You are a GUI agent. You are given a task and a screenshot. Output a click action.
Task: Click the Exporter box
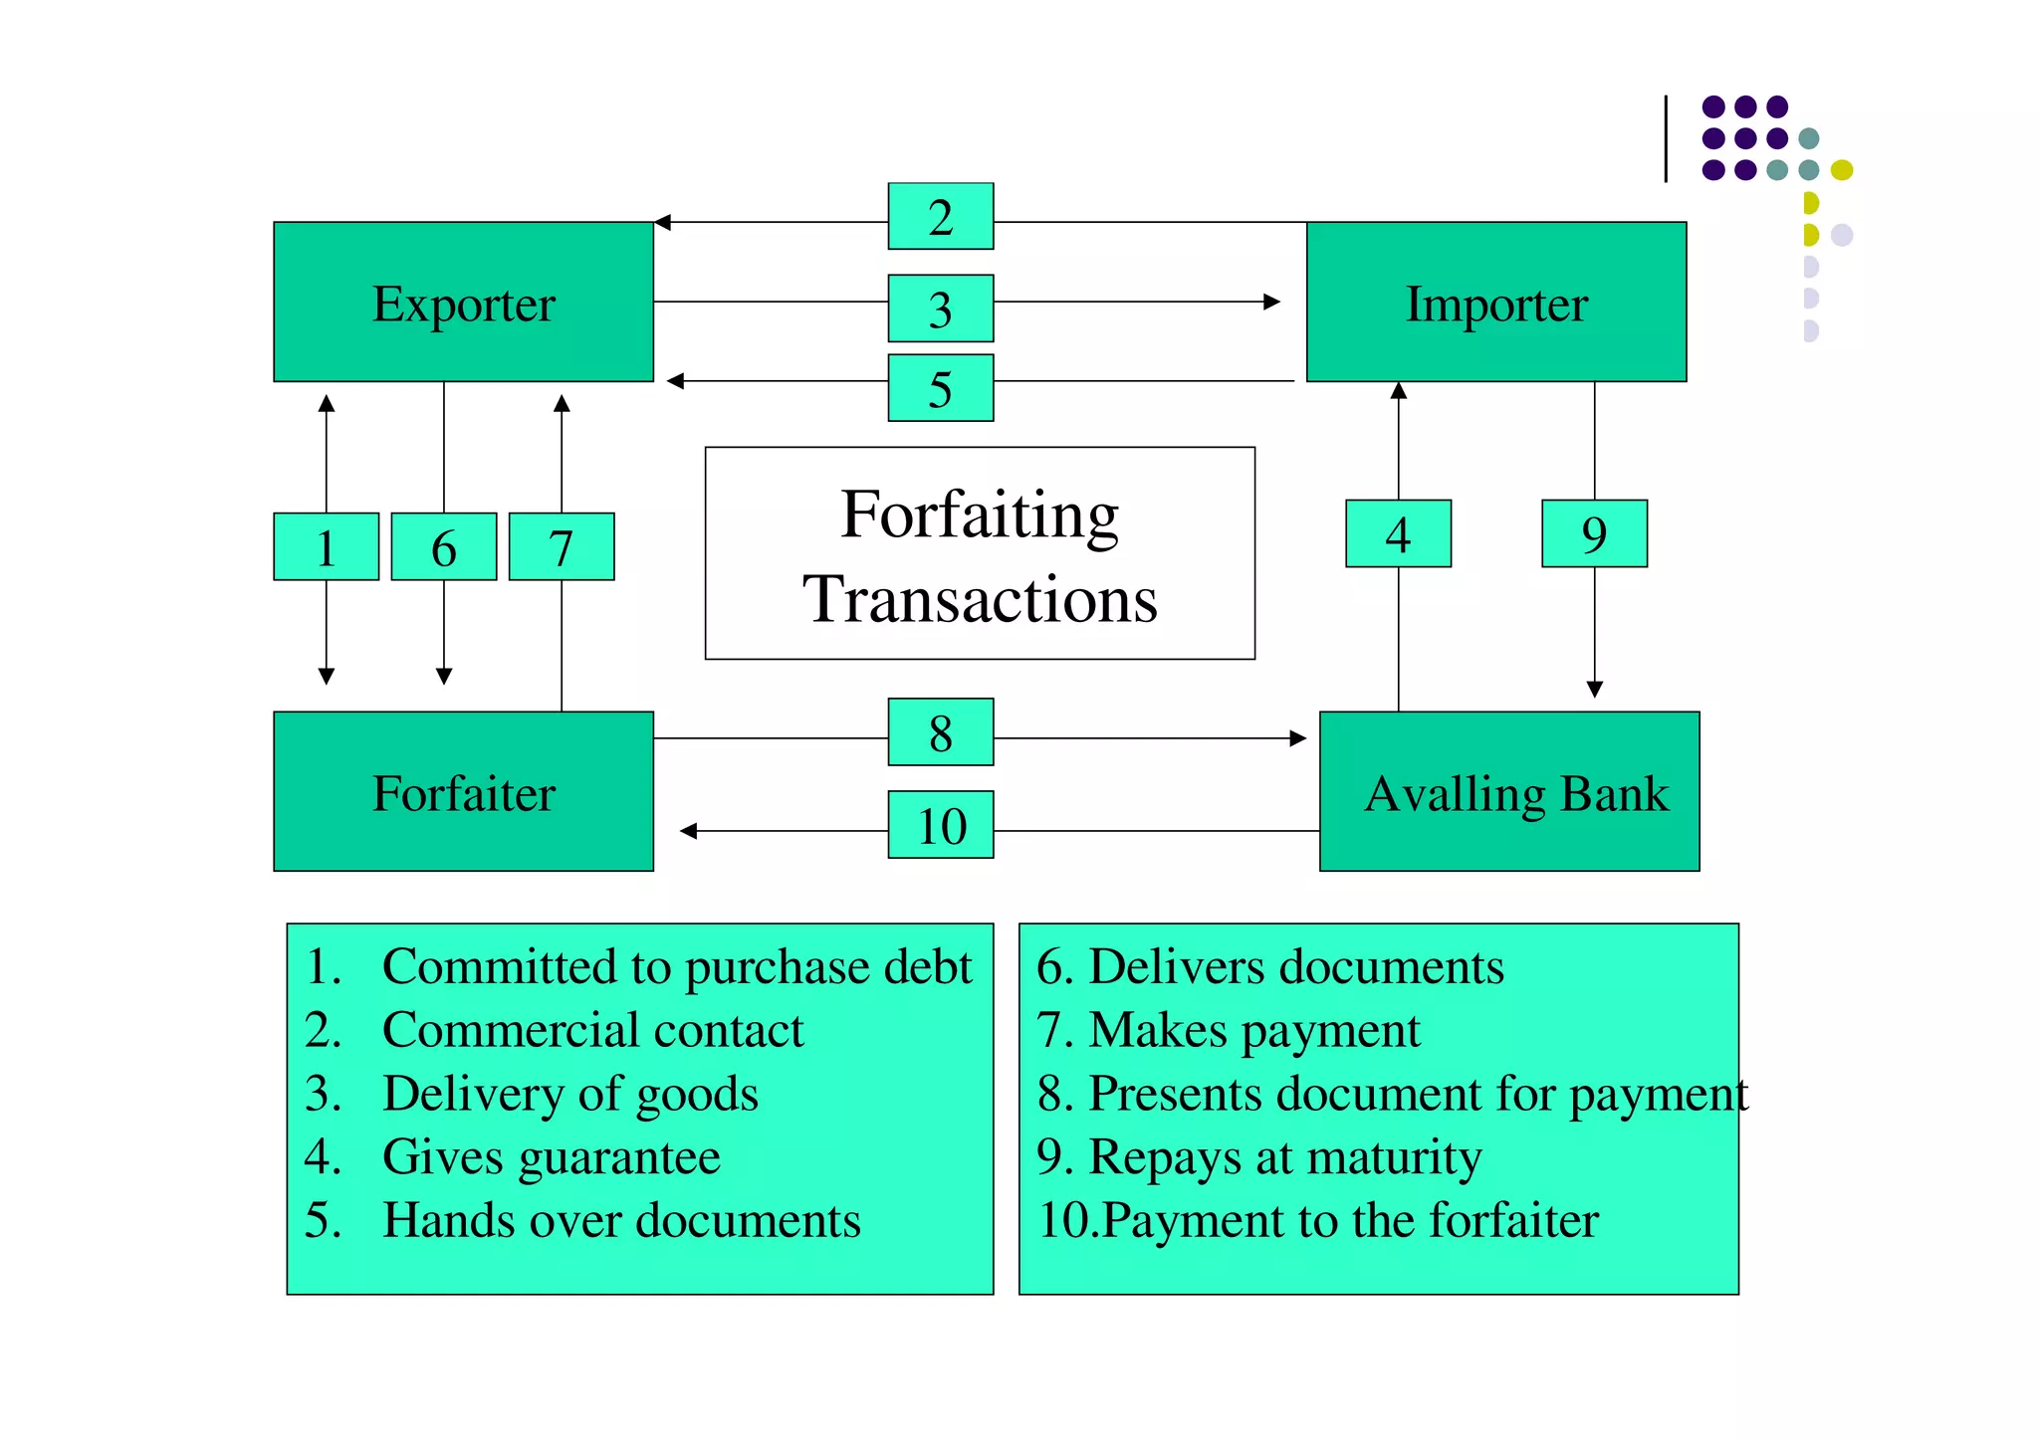(x=463, y=302)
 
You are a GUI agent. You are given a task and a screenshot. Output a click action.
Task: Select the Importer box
(x=1495, y=302)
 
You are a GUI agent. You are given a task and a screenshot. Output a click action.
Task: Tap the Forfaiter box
(x=463, y=791)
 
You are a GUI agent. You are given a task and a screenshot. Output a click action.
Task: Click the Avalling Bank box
(x=1508, y=791)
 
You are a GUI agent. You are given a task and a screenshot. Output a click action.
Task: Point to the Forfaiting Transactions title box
(x=980, y=553)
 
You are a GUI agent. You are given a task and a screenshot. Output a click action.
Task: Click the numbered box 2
(x=940, y=216)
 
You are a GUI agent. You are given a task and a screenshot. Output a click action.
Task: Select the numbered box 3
(x=940, y=309)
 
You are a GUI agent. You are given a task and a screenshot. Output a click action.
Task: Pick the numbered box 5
(x=940, y=388)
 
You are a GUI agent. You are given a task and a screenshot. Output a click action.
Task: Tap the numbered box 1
(x=326, y=546)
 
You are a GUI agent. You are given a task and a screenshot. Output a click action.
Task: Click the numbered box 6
(x=443, y=546)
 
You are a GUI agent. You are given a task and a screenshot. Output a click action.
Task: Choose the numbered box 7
(x=561, y=546)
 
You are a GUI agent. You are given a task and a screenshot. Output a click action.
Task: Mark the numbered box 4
(x=1398, y=533)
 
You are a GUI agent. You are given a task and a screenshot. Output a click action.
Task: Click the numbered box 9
(x=1594, y=533)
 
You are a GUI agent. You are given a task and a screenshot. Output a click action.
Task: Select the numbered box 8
(x=940, y=731)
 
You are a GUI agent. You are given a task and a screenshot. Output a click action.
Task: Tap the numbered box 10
(x=940, y=824)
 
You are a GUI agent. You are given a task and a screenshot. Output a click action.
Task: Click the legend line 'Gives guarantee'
(x=551, y=1156)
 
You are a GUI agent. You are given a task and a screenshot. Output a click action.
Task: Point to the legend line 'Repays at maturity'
(x=1284, y=1156)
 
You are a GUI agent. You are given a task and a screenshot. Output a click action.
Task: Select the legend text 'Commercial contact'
(x=592, y=1030)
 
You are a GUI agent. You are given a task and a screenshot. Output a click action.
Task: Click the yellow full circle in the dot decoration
(x=1842, y=170)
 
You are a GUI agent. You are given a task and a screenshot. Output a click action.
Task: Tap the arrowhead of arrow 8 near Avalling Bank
(x=1297, y=738)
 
